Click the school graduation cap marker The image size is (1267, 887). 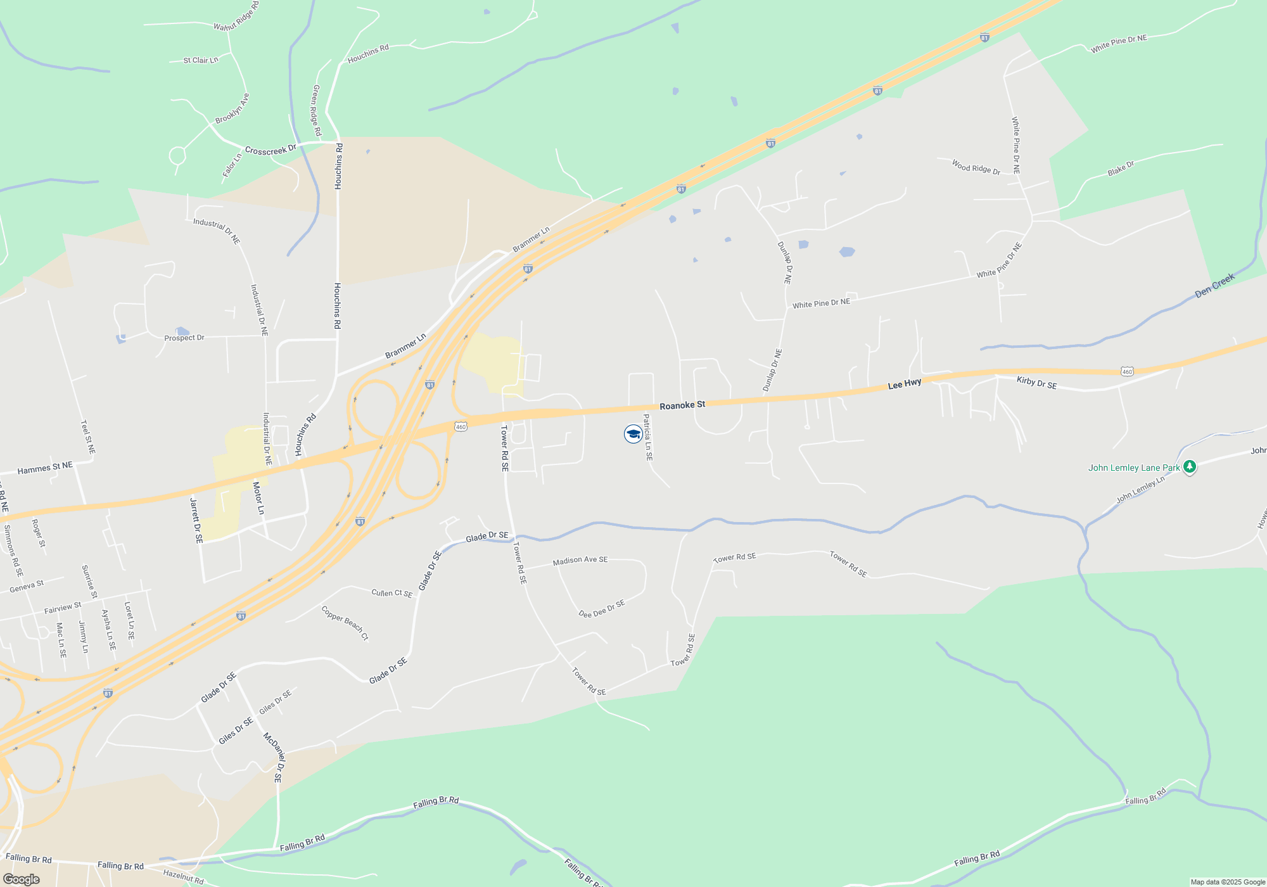[x=633, y=434]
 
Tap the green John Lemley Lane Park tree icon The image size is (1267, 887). [x=1190, y=468]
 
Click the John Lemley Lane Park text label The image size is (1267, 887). [x=1134, y=468]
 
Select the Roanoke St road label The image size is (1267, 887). [x=682, y=405]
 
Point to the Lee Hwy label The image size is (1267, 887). [x=905, y=384]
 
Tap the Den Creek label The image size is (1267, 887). [x=1214, y=286]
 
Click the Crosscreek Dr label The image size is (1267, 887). [x=271, y=151]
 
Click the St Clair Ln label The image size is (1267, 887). [x=200, y=60]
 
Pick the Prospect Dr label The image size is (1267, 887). [x=184, y=338]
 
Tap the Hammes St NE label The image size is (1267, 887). [x=45, y=469]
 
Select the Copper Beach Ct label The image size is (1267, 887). [x=345, y=623]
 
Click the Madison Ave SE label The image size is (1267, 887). [x=580, y=561]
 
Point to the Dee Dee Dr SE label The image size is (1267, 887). [x=602, y=609]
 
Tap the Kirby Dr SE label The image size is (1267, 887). [x=1036, y=383]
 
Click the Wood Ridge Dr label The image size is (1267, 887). [x=976, y=167]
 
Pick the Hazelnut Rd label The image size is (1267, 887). [x=184, y=877]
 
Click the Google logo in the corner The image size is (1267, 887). [x=22, y=879]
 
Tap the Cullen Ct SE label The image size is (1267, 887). [x=392, y=593]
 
